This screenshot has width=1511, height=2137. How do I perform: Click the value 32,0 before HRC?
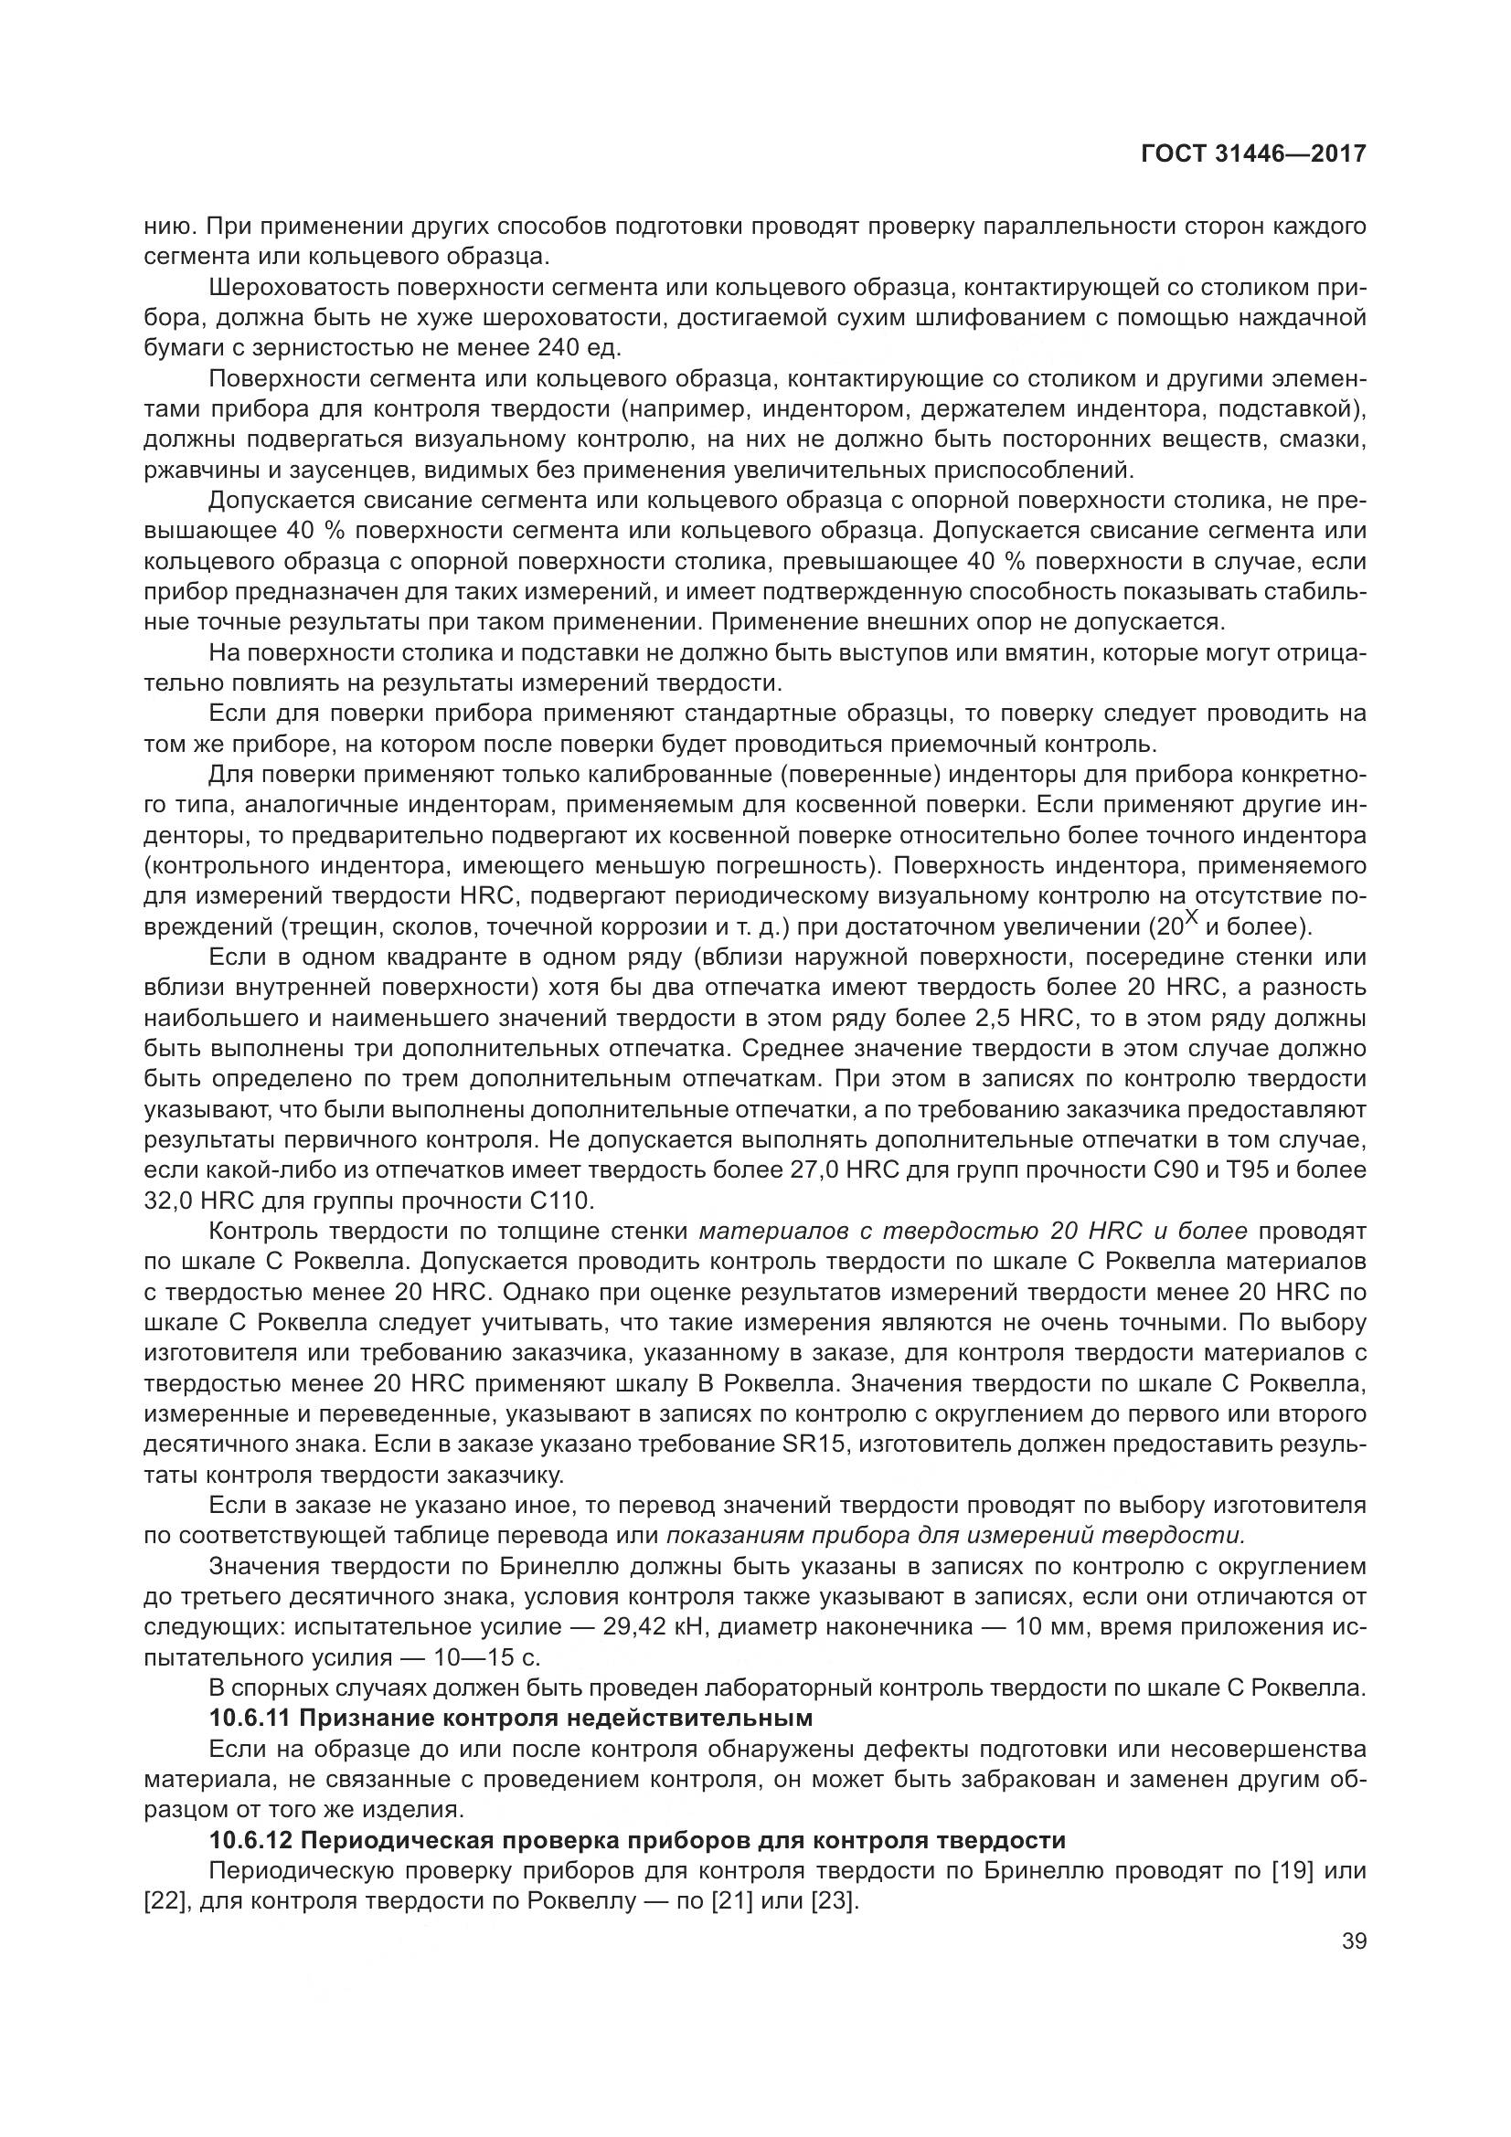point(167,1200)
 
